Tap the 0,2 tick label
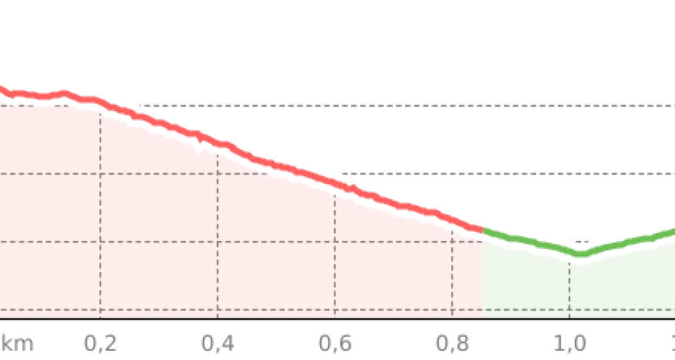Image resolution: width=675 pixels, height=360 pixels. coord(100,343)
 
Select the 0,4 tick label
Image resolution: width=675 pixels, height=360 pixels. coord(217,343)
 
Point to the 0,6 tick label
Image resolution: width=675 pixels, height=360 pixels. coord(335,343)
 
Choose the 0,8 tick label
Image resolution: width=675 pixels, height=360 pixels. coord(452,343)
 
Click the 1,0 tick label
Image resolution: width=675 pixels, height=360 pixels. coord(570,343)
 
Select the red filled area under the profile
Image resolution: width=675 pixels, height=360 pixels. coord(225,244)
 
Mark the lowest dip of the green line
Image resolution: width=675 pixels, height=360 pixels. coord(580,253)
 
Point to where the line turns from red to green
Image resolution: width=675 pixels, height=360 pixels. coord(483,232)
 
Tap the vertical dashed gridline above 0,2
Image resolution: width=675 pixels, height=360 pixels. coord(100,212)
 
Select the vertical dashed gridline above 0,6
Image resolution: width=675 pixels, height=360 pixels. coord(335,257)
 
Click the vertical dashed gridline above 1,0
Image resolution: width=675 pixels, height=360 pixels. coord(570,289)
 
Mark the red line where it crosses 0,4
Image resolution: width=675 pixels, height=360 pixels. coord(217,145)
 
